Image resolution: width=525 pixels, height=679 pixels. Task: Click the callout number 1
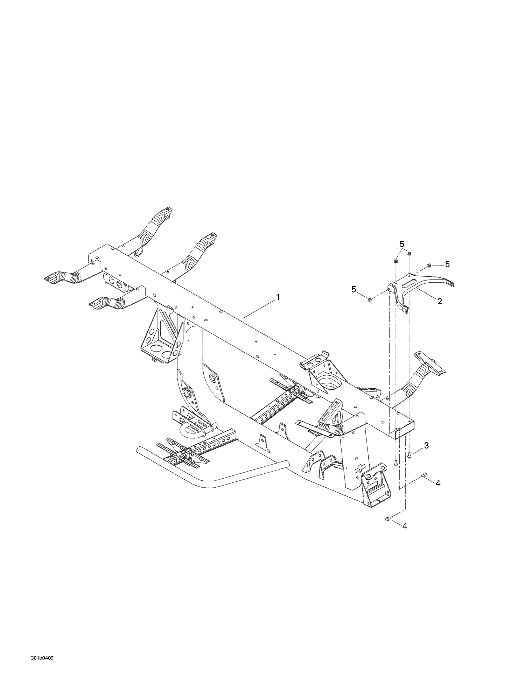click(x=278, y=297)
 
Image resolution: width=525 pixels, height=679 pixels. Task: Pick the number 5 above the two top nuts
click(x=402, y=243)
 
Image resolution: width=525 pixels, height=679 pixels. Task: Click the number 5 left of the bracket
click(x=354, y=289)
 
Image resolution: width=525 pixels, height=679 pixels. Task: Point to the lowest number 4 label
click(x=405, y=536)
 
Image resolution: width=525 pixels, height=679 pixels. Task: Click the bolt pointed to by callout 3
click(x=409, y=454)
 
